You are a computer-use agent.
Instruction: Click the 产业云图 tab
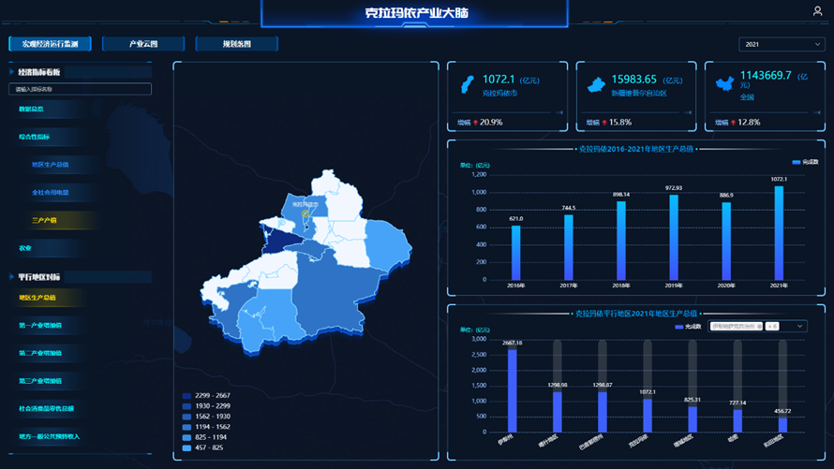(x=143, y=44)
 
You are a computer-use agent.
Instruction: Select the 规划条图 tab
(x=236, y=44)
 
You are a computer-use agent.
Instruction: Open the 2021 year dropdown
(x=781, y=44)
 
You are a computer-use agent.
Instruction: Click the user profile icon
(x=817, y=11)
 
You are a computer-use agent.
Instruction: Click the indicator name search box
(x=80, y=89)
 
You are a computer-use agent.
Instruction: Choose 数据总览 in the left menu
(x=31, y=110)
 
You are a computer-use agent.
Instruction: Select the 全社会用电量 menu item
(x=50, y=192)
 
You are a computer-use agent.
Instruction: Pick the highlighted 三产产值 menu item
(x=44, y=220)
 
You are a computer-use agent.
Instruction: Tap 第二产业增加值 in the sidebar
(x=40, y=353)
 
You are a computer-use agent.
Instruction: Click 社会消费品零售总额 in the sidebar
(x=47, y=408)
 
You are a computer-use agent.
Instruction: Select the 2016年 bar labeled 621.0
(x=515, y=252)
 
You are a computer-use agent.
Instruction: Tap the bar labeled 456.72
(x=782, y=424)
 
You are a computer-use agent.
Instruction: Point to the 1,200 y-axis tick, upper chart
(x=478, y=174)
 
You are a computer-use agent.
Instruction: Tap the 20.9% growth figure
(x=491, y=123)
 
